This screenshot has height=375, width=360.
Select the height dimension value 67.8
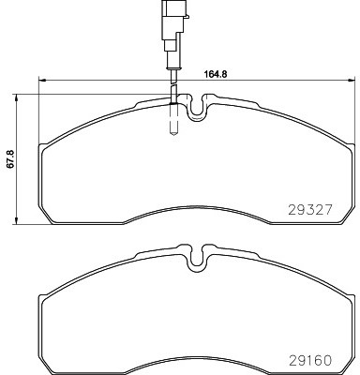coord(10,161)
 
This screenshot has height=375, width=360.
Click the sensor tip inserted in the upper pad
coord(172,120)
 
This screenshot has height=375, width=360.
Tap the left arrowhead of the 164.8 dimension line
coord(41,78)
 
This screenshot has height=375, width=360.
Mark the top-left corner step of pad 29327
coord(43,144)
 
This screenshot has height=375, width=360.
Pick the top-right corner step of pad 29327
coord(349,144)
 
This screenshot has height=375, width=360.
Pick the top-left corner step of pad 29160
coord(43,294)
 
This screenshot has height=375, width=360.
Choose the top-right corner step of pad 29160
coord(349,294)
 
